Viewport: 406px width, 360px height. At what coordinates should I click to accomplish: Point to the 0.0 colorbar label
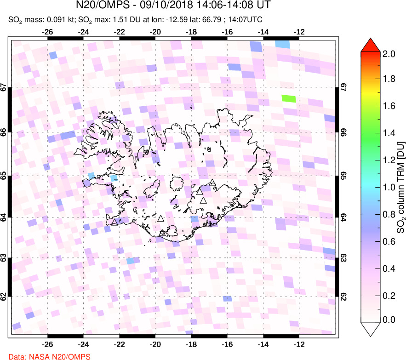pyautogui.click(x=389, y=320)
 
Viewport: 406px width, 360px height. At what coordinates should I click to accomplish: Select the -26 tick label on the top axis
pyautogui.click(x=47, y=32)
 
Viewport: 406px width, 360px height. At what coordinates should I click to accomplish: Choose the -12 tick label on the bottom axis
pyautogui.click(x=299, y=343)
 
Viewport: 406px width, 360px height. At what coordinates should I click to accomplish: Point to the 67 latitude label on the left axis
pyautogui.click(x=4, y=87)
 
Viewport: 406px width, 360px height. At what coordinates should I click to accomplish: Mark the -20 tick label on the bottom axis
pyautogui.click(x=155, y=343)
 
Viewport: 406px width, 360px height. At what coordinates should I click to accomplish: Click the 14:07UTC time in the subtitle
pyautogui.click(x=250, y=20)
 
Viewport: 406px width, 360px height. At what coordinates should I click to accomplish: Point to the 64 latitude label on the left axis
pyautogui.click(x=4, y=217)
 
